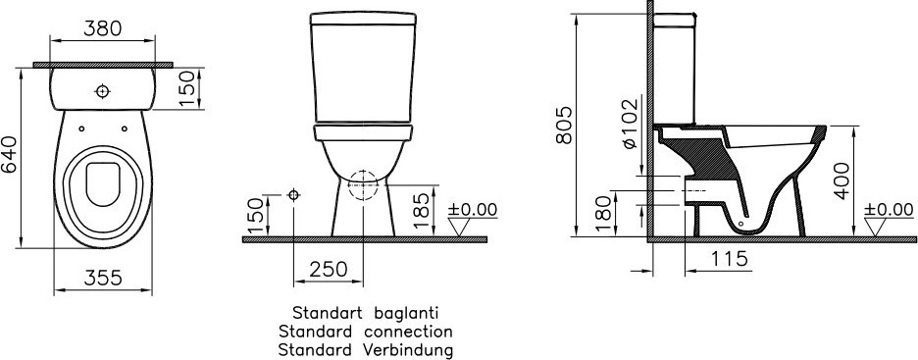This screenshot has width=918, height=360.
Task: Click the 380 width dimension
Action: [x=102, y=27]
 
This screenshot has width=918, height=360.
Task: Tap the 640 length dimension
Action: [x=10, y=155]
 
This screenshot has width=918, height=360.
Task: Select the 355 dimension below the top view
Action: [x=103, y=278]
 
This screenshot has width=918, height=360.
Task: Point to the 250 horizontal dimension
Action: [x=328, y=269]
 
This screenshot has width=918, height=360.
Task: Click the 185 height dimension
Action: [x=422, y=209]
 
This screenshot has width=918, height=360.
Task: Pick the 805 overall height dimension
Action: [x=564, y=125]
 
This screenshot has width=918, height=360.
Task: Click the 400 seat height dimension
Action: [x=843, y=180]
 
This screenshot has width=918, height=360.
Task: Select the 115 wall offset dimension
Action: [x=730, y=258]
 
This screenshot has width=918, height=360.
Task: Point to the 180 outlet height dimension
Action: [x=605, y=213]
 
